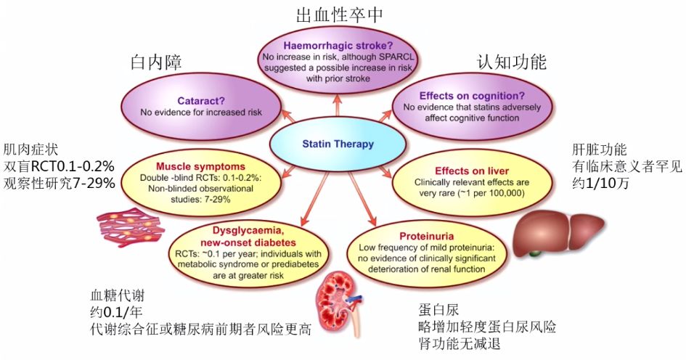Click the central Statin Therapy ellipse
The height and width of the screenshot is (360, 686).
338,144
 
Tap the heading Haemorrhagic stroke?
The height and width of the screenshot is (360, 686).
338,46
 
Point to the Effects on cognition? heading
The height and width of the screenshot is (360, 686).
472,96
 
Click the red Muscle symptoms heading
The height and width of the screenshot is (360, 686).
200,167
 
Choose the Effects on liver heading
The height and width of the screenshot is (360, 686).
472,171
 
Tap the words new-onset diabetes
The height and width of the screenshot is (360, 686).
248,242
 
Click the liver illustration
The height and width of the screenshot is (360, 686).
558,232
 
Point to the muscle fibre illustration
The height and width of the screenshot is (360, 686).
130,228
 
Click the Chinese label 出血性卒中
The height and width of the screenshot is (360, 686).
340,15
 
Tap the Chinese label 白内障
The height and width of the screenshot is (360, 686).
156,62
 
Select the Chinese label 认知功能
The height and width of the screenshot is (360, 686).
512,62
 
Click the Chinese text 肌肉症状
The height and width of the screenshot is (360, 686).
30,150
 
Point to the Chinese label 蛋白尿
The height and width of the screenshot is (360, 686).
438,310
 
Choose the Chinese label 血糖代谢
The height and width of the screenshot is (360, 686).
118,295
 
